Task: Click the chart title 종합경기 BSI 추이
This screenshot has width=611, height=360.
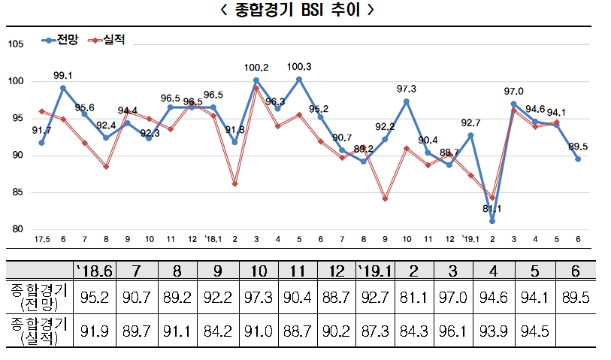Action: tap(305, 11)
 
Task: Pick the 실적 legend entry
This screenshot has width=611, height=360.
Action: tap(107, 39)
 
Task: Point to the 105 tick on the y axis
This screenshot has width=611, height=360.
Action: tap(16, 44)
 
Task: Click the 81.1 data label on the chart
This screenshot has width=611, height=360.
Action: tap(492, 209)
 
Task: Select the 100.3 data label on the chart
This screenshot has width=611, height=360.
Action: tap(299, 67)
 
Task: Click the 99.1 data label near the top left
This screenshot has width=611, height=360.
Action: tap(63, 75)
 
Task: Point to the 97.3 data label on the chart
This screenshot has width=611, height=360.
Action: tap(406, 89)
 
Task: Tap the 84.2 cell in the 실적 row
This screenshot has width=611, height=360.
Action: tap(217, 330)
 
